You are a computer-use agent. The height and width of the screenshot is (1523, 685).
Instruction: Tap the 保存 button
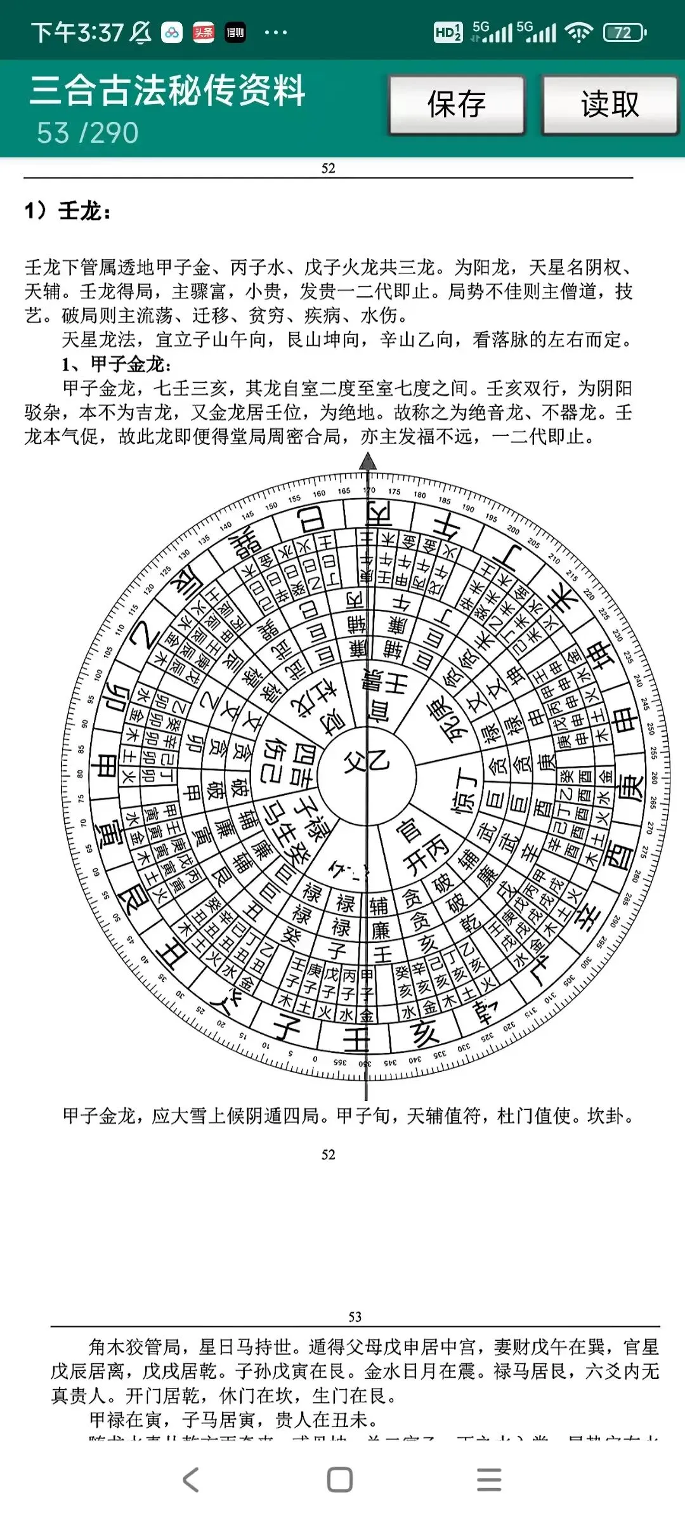pyautogui.click(x=457, y=105)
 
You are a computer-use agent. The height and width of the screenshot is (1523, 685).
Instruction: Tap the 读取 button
pyautogui.click(x=610, y=105)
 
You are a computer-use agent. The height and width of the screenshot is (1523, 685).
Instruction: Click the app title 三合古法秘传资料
pyautogui.click(x=167, y=90)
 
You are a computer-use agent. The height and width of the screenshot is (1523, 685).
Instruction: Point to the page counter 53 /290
pyautogui.click(x=88, y=133)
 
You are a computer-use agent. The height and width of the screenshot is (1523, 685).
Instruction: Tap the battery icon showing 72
pyautogui.click(x=624, y=32)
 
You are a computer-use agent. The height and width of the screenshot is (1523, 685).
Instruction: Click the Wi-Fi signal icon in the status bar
pyautogui.click(x=578, y=32)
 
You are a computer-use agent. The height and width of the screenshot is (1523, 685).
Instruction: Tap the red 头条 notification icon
pyautogui.click(x=204, y=32)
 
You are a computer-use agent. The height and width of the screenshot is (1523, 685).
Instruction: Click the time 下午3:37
pyautogui.click(x=77, y=32)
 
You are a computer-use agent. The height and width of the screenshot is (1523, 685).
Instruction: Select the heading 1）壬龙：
pyautogui.click(x=68, y=211)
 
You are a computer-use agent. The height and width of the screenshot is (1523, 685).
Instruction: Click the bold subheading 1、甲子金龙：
pyautogui.click(x=117, y=364)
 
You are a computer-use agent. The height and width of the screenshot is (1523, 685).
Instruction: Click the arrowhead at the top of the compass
pyautogui.click(x=368, y=461)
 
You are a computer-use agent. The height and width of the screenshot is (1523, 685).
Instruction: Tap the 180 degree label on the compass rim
pyautogui.click(x=420, y=495)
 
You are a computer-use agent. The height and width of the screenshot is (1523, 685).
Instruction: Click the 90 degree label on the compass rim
pyautogui.click(x=84, y=724)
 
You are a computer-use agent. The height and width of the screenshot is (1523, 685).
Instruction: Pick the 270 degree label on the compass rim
pyautogui.click(x=650, y=827)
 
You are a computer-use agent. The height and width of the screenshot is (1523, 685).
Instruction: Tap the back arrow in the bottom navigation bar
pyautogui.click(x=191, y=1479)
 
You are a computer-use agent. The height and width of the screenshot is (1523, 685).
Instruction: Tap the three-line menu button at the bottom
pyautogui.click(x=489, y=1479)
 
